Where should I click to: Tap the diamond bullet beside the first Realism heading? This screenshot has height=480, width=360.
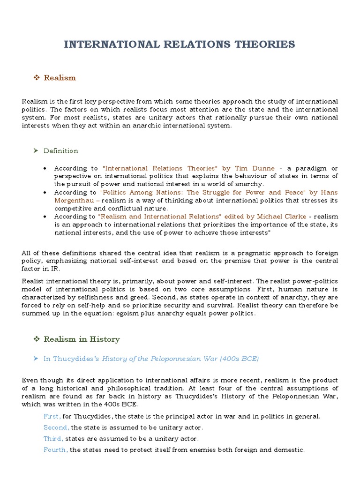(x=37, y=78)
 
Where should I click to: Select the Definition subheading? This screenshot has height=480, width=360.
(x=61, y=151)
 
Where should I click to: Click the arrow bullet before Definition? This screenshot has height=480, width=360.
(x=37, y=151)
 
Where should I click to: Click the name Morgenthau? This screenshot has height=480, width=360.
(x=75, y=200)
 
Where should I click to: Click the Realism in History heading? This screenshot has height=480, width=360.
(x=82, y=339)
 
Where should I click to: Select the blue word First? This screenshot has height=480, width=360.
(x=52, y=416)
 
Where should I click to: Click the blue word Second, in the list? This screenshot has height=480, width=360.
(x=56, y=427)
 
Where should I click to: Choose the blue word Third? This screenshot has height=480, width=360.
(x=53, y=439)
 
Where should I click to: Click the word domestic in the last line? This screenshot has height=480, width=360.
(x=289, y=450)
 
